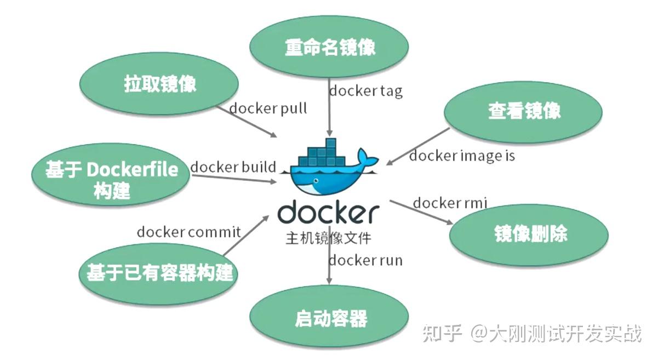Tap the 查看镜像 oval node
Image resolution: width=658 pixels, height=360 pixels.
(x=523, y=112)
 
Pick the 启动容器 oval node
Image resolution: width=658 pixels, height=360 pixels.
(x=330, y=317)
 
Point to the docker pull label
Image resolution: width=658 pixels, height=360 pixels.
(x=268, y=108)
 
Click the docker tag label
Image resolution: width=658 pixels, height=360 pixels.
(x=365, y=90)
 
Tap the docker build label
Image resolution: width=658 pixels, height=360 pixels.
(x=233, y=167)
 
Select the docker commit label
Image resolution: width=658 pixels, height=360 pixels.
(x=188, y=232)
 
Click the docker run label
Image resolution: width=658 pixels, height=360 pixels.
(x=365, y=260)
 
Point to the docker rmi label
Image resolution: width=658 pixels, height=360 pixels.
(x=449, y=203)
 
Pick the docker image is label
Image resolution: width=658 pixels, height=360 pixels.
(x=462, y=156)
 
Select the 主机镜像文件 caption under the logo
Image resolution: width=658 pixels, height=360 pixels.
(x=328, y=239)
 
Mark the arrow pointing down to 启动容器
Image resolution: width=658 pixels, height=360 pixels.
(x=329, y=268)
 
